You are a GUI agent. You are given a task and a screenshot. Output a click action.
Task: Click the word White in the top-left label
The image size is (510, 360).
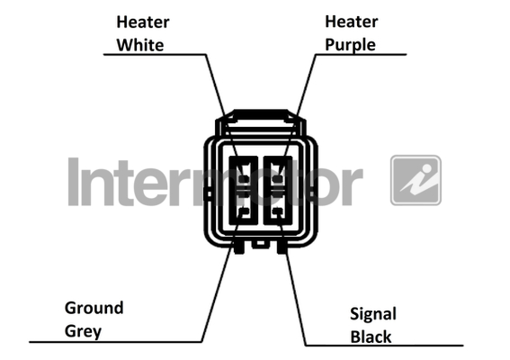[140, 45]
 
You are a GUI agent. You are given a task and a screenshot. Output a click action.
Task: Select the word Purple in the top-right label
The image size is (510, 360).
[350, 46]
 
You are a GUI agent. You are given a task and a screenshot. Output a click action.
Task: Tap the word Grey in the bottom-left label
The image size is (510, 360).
[83, 332]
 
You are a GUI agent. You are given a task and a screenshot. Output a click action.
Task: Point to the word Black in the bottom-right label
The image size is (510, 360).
[371, 337]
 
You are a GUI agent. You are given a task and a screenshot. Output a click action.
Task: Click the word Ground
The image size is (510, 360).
[94, 308]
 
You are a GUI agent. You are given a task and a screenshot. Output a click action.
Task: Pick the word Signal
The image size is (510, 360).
[373, 315]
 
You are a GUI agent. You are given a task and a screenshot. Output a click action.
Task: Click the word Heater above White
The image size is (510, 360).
[143, 22]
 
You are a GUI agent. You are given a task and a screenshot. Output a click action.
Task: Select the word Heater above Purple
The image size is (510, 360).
[352, 22]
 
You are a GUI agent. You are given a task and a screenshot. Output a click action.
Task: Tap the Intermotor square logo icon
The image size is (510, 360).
[416, 180]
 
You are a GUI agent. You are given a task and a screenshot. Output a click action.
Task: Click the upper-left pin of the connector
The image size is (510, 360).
[244, 179]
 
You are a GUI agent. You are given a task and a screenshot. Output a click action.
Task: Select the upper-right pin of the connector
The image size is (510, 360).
[277, 179]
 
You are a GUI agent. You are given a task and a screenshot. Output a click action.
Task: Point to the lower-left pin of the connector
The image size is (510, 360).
[244, 211]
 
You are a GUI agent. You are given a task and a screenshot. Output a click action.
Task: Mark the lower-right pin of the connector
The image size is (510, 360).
[277, 211]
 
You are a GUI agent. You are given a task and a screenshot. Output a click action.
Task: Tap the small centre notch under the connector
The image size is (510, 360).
[261, 244]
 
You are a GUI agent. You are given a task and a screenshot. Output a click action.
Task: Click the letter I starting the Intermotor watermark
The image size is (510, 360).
[74, 182]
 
